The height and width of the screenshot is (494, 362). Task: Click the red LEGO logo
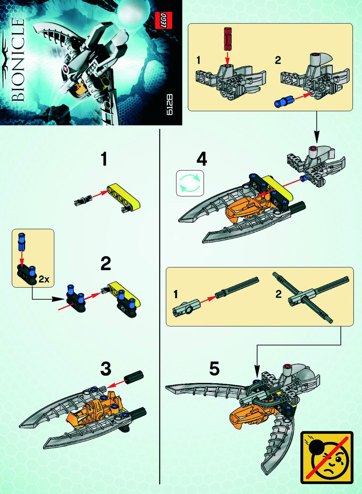point(163,20)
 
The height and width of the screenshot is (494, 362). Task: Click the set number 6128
point(169,104)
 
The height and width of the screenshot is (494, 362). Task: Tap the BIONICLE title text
point(18,60)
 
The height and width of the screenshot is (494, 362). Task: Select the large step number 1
point(104,159)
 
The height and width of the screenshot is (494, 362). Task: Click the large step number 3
point(106,368)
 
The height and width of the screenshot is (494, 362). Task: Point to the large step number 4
point(202,159)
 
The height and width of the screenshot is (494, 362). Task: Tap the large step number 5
point(214,368)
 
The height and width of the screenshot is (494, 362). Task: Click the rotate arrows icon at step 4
point(190,183)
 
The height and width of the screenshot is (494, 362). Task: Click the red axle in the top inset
point(228,39)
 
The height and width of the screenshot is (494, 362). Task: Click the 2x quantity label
point(44,279)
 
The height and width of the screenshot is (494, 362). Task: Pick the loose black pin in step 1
point(82,200)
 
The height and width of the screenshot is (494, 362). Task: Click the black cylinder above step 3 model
point(134,377)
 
